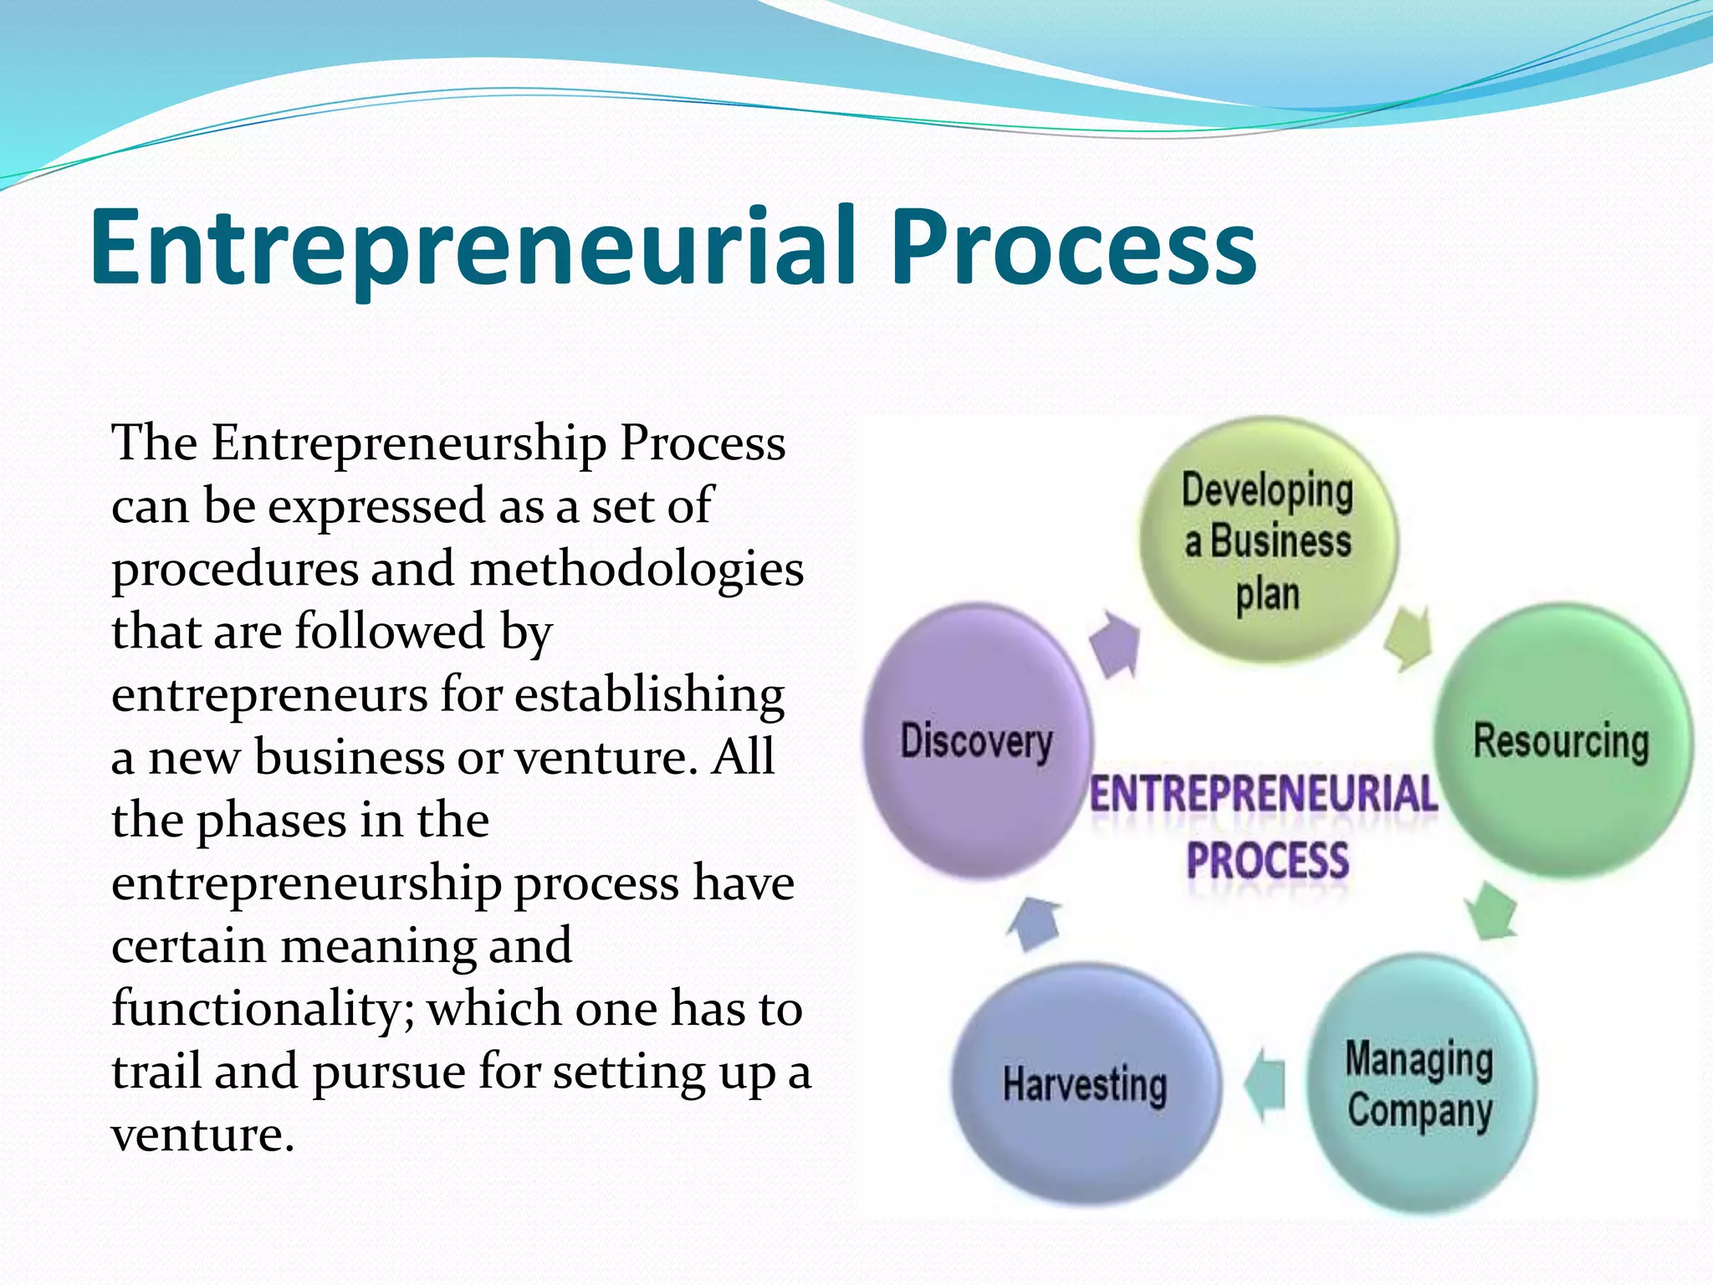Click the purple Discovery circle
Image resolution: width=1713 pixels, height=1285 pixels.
977,741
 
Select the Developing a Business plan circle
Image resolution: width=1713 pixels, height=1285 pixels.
1268,540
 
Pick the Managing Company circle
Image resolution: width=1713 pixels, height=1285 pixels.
1420,1084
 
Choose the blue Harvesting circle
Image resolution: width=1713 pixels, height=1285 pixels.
1085,1084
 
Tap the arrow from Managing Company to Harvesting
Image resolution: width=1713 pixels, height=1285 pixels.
1265,1085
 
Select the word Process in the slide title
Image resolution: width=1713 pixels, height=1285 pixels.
1073,247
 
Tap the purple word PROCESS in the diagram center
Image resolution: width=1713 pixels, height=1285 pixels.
1267,860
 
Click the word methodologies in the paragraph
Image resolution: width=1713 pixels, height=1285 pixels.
637,570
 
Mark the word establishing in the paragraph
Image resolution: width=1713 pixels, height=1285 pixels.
649,695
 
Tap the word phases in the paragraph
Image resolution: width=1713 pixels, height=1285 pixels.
272,821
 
